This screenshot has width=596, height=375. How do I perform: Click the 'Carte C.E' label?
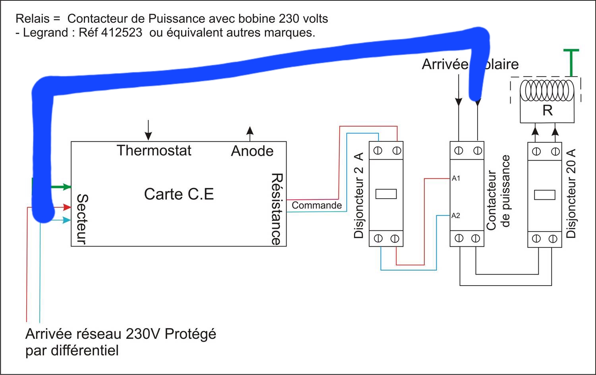coord(179,194)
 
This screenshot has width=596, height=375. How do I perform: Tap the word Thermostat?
coord(154,151)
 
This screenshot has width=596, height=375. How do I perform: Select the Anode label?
coord(252,151)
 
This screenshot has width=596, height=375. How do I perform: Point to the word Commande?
coord(317,205)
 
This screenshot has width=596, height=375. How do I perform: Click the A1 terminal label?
coord(456,178)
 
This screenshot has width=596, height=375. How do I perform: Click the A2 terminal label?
coord(456,216)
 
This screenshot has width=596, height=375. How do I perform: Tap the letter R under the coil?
coord(548,110)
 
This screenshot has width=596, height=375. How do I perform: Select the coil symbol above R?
coord(547,91)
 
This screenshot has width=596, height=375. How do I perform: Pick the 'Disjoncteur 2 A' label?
coord(358,195)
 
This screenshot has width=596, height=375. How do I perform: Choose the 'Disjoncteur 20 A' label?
coord(571,193)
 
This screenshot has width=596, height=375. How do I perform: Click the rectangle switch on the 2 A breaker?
coord(386,194)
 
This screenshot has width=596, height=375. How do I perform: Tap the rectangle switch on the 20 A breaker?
coord(544,195)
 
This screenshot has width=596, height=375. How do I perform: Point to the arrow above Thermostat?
coord(148,130)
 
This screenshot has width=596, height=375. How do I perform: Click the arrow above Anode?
coord(250,133)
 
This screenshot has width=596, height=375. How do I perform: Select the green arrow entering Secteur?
coord(62,187)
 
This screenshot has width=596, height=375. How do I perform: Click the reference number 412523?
coord(122,33)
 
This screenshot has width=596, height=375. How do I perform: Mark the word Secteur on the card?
coord(81,219)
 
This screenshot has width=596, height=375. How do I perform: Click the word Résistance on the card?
coord(277,209)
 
